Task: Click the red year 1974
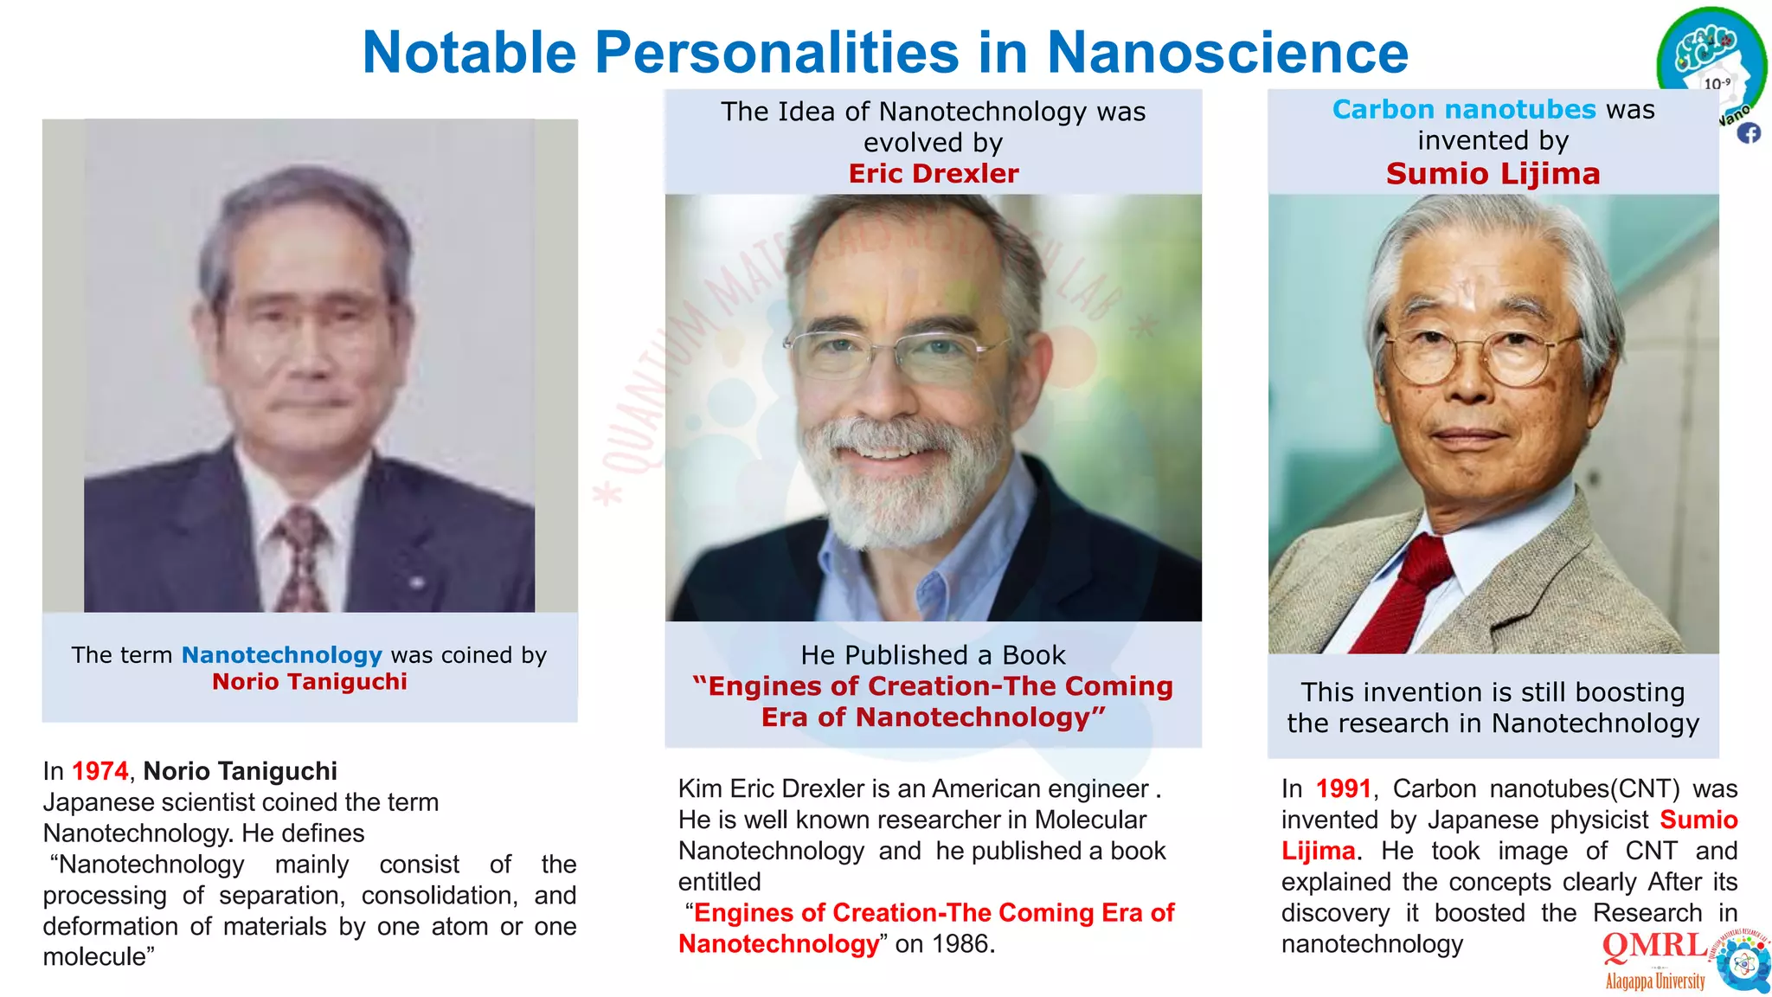(100, 771)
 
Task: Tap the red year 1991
(1343, 789)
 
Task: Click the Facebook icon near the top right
(1749, 133)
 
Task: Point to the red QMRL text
(1654, 946)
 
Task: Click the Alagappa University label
(1654, 981)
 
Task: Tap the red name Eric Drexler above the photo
(933, 174)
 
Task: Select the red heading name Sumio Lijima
(1493, 174)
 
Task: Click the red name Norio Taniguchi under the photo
(309, 682)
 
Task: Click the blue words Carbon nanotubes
(1463, 110)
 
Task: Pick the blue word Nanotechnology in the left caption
(281, 655)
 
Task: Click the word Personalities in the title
(776, 54)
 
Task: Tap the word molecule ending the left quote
(95, 957)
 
